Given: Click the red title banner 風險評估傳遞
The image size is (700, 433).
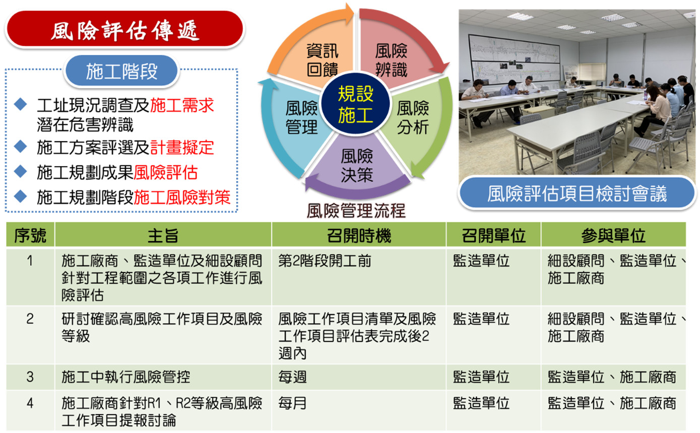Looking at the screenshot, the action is click(124, 29).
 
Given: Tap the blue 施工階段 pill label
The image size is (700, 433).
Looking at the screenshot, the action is click(121, 71).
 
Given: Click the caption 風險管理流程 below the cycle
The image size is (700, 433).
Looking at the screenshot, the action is click(356, 210).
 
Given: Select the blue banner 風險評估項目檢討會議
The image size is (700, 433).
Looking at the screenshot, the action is click(577, 193).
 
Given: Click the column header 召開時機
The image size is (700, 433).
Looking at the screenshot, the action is click(359, 235).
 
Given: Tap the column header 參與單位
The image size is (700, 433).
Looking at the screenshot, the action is click(613, 235).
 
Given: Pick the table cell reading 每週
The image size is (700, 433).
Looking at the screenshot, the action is click(292, 377).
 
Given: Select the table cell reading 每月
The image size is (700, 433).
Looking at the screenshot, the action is click(292, 403).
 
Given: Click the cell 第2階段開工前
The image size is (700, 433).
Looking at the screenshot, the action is click(325, 261).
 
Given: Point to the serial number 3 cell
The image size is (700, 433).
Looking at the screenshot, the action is click(30, 377).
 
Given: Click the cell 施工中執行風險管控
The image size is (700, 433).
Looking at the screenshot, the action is click(125, 377).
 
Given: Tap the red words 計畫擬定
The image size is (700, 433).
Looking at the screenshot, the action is click(182, 148).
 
